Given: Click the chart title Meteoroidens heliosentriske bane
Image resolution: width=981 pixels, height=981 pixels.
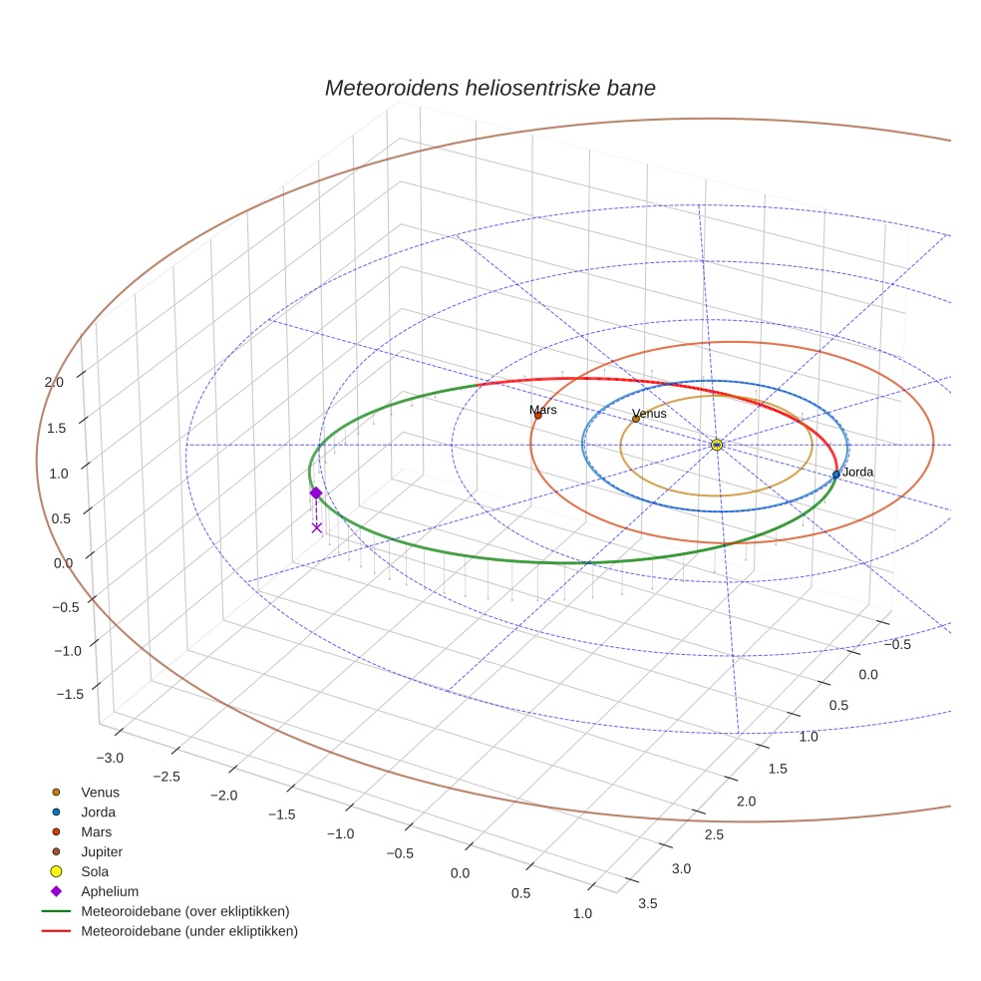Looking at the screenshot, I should coord(490,88).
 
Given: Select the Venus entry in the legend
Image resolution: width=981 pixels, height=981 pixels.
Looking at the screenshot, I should coord(100,792).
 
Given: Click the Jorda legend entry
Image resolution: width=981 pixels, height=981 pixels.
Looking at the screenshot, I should coord(98,812).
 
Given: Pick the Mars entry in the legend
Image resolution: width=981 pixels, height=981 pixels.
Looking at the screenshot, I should coord(96,831).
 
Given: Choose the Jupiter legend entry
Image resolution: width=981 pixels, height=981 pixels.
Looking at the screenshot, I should coord(102,851).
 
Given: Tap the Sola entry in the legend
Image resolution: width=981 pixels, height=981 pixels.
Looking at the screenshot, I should coord(95,871).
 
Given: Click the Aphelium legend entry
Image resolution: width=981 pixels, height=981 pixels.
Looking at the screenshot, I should coord(109,891).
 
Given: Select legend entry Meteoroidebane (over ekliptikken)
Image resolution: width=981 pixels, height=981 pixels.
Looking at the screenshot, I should coord(184,911).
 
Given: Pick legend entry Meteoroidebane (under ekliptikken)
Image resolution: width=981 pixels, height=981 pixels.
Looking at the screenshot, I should coord(188,931).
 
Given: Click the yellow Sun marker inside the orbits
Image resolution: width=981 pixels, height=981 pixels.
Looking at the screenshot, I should coord(717,445).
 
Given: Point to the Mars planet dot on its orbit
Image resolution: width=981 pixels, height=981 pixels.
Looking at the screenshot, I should coord(538,416).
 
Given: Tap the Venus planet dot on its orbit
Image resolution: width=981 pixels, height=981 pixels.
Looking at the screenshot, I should coord(635,419).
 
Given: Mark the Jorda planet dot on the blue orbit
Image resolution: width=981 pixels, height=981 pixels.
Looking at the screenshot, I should coord(836,475).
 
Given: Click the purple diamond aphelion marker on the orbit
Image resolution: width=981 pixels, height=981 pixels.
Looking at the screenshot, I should coord(316,492).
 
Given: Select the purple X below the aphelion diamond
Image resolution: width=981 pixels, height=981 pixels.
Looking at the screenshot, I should coord(317,527).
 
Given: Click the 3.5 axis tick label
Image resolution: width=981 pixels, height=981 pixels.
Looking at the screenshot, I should coord(647,903).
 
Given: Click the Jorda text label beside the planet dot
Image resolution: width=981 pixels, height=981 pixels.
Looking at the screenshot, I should coord(857,472).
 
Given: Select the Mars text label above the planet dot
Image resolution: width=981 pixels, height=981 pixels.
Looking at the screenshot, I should coord(543,410).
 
